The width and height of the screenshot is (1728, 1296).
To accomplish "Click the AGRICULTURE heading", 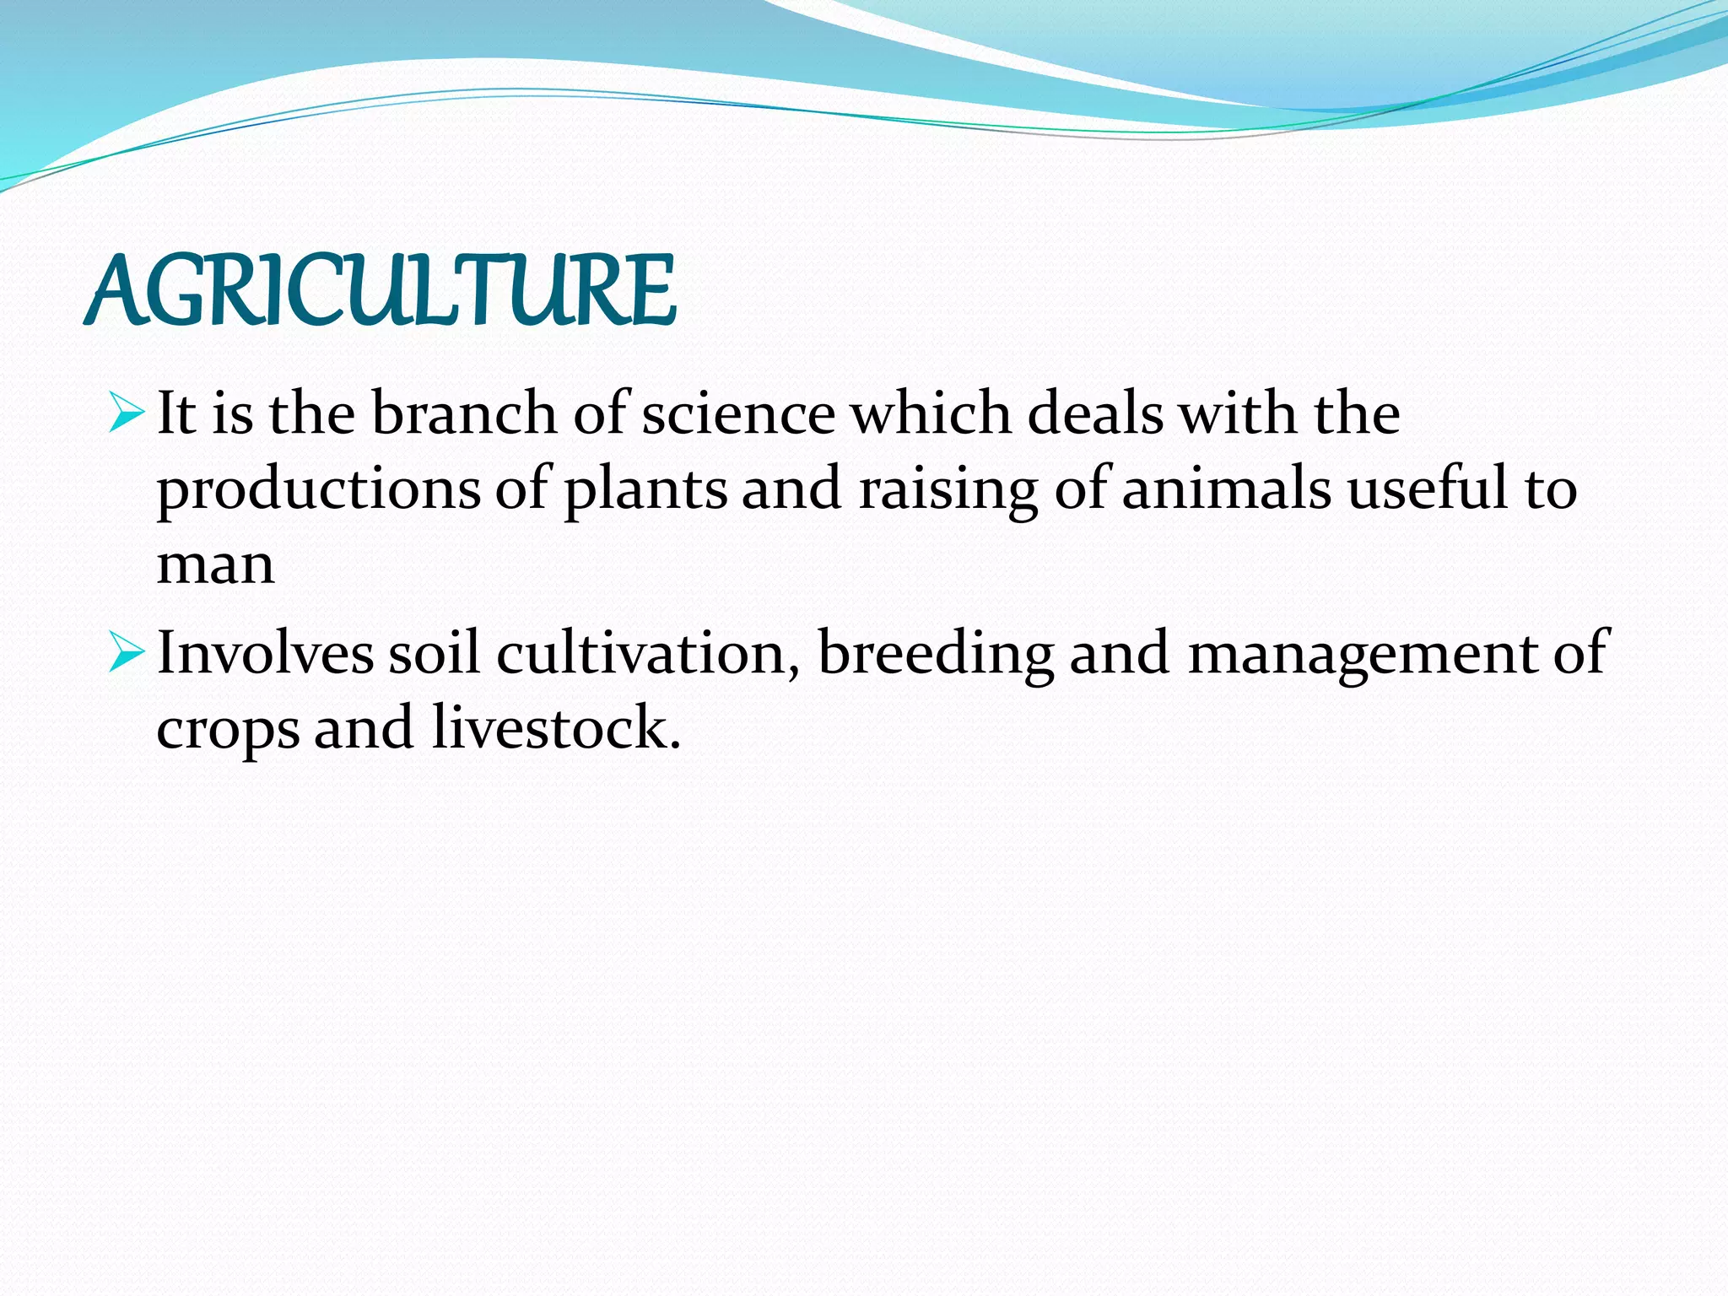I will point(380,291).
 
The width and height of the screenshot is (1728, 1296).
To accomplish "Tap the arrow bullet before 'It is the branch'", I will point(127,413).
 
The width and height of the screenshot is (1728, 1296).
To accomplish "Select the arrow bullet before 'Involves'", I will point(127,653).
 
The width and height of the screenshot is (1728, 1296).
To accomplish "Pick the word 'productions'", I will point(318,491).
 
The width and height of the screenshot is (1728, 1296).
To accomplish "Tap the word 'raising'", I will point(948,491).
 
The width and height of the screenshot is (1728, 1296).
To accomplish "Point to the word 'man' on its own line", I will point(215,565).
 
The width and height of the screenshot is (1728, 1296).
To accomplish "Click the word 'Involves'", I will point(265,653).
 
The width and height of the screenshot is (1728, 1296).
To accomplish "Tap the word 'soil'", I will point(434,653).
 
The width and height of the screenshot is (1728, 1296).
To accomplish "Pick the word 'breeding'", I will point(936,655).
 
